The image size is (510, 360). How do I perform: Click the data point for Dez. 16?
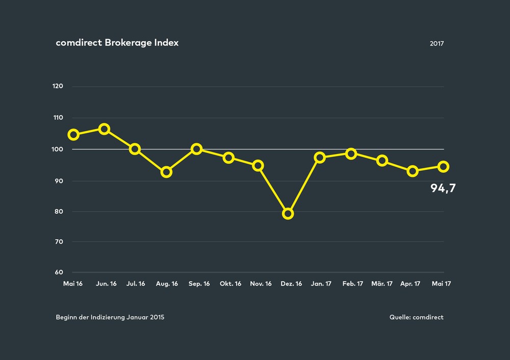point(288,214)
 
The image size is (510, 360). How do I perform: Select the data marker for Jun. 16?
point(104,129)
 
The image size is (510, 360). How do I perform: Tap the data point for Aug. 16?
point(166,172)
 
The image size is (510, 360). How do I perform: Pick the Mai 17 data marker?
point(444,167)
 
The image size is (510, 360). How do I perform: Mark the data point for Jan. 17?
point(320,158)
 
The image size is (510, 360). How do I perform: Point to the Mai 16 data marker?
point(73,135)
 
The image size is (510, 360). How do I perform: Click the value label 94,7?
point(443,189)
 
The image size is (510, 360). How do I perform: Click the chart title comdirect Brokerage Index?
point(117,43)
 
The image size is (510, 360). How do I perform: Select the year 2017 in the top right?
point(437,44)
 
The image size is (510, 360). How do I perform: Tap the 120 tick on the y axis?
point(58,86)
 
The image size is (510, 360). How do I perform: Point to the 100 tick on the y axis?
point(58,149)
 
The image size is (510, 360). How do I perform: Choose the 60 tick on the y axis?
point(59,272)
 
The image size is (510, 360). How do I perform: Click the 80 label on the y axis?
point(59,212)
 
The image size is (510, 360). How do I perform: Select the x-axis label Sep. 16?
point(199,284)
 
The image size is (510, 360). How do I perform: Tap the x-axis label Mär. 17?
point(382,284)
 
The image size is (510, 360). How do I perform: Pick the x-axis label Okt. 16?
point(230,284)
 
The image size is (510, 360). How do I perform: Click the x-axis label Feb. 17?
point(352,284)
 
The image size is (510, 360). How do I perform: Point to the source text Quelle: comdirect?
point(416,317)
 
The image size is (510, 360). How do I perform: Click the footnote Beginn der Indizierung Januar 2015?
point(110,317)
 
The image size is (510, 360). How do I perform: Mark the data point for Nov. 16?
point(258,165)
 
